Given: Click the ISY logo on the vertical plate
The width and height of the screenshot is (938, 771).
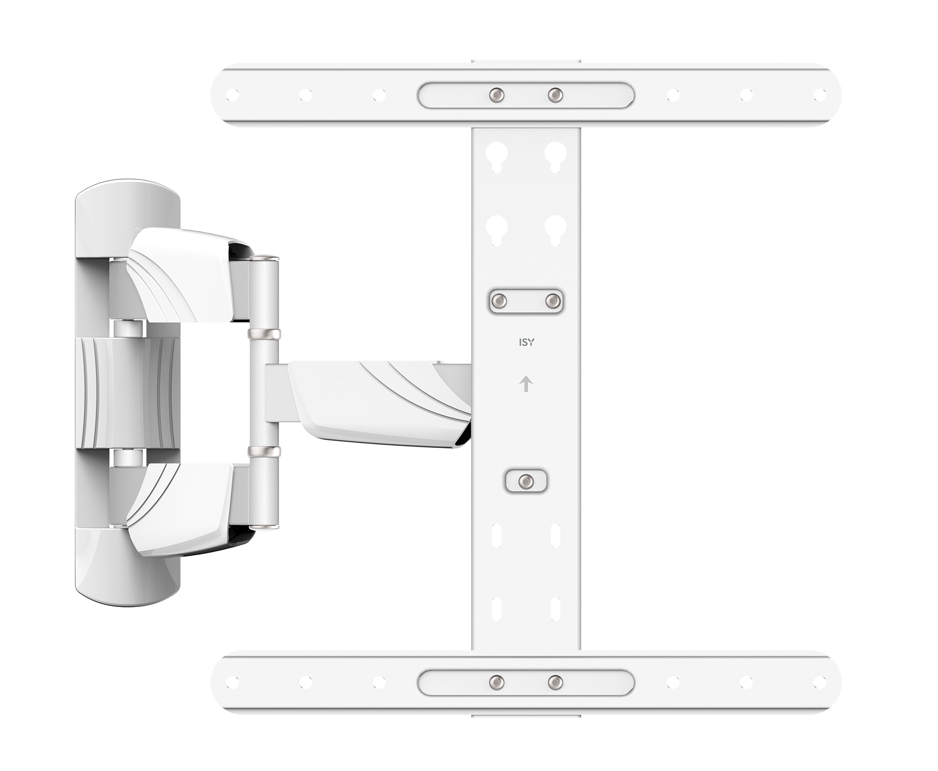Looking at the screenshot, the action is (x=526, y=342).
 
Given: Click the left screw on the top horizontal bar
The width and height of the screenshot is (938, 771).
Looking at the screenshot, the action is (x=496, y=95).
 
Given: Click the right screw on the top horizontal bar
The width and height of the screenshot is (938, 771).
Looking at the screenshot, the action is (x=555, y=95).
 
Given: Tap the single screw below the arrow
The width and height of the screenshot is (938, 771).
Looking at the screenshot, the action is (x=526, y=481).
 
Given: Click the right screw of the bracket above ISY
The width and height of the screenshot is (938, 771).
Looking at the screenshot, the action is (x=553, y=300).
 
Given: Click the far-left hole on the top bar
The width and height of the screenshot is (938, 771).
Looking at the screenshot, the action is (x=232, y=95).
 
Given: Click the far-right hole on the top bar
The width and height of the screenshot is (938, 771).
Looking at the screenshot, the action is (x=820, y=95).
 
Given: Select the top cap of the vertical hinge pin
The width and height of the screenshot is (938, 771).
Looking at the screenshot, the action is (x=265, y=258).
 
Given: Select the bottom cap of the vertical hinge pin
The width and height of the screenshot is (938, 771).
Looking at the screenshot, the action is (x=265, y=526).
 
